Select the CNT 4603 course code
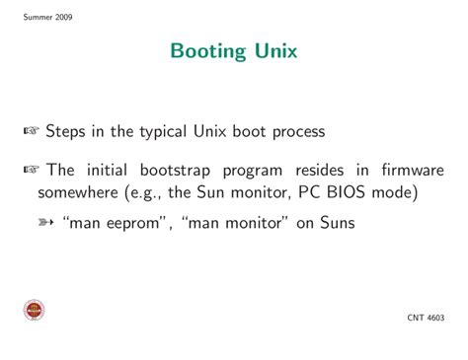tap(426, 318)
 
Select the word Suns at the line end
tap(333, 224)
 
